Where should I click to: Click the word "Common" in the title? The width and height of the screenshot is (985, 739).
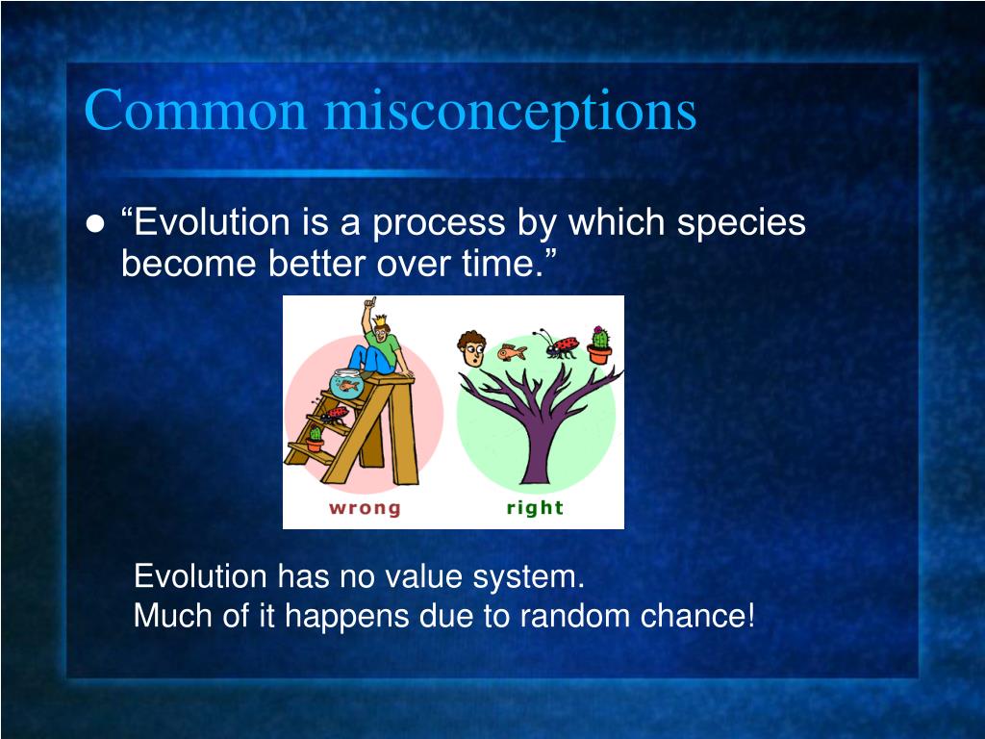[x=195, y=110]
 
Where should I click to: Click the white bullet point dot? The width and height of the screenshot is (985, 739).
[x=95, y=224]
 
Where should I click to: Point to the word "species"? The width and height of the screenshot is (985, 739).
[x=741, y=225]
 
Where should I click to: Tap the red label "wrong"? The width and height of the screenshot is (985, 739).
[x=365, y=508]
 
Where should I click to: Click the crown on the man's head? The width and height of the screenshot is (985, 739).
[x=381, y=321]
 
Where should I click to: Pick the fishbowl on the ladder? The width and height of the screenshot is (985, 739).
[x=346, y=383]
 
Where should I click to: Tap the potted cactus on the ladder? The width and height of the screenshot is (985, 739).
[x=316, y=439]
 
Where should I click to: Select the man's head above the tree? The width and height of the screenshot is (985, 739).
[x=471, y=348]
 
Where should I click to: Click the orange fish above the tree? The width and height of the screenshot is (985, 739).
[x=512, y=352]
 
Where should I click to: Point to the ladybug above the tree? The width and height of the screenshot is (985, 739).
[x=557, y=344]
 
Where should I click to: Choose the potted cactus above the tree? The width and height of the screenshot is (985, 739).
[x=600, y=344]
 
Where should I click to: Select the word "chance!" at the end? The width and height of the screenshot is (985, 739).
[x=697, y=615]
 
